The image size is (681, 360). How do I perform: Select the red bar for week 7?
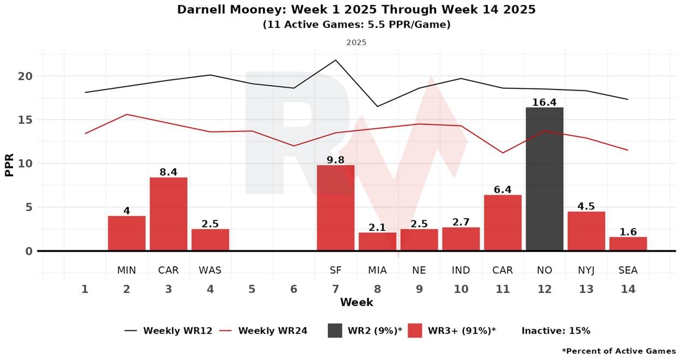point(336,208)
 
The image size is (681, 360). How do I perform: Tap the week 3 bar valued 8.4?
point(168,214)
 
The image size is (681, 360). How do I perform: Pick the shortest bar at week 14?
point(628,244)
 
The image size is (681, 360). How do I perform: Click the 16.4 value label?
point(544,101)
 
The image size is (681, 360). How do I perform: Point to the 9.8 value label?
point(336,159)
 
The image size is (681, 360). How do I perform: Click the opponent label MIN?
point(127,270)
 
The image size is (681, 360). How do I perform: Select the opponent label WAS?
point(210,270)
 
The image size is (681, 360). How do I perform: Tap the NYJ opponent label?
point(586,270)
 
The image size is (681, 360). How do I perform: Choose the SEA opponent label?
point(628,270)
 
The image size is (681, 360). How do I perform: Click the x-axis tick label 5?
point(252,289)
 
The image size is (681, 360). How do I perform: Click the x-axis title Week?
point(356,302)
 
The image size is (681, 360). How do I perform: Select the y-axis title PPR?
point(9,163)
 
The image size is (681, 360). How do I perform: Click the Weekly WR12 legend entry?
point(169,331)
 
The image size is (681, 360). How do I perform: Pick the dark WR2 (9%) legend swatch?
point(334,331)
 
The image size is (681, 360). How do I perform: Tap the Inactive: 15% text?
point(555,331)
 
